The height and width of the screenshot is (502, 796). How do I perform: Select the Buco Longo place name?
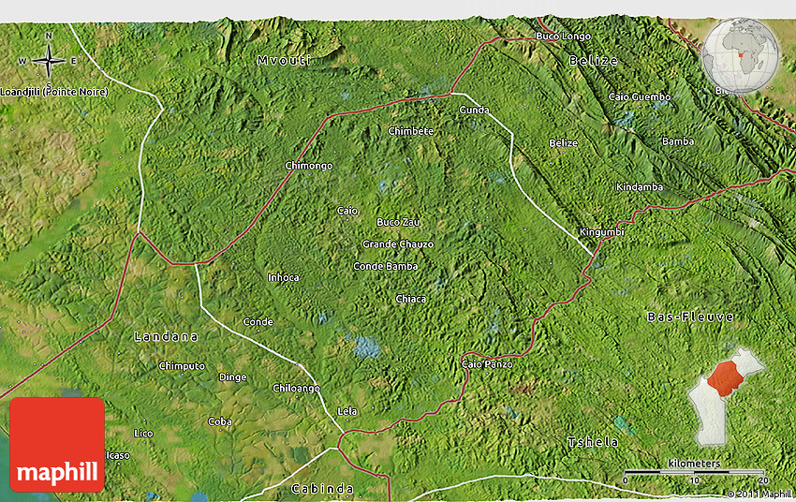coord(563,37)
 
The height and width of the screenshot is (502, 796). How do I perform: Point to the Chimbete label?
coord(411,131)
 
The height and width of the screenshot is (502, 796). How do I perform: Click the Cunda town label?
coord(474,110)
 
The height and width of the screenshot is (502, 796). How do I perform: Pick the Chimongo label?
coord(308,166)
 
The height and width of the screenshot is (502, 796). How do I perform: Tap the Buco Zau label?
coord(398,222)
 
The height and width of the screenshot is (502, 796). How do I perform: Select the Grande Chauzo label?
coord(398,244)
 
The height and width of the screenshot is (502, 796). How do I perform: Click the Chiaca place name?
coord(410,299)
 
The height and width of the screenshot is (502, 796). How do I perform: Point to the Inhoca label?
coord(283,277)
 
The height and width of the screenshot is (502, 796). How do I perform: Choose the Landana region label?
coord(167,335)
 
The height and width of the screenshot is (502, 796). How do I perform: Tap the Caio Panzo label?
coord(487,363)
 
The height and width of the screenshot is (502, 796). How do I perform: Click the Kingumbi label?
coord(601,231)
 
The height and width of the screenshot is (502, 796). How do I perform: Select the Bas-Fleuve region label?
coord(690,317)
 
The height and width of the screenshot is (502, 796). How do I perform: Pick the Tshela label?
coord(593,441)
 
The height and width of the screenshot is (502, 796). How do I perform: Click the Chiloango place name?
coord(296,388)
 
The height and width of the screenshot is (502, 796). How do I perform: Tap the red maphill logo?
coord(57,445)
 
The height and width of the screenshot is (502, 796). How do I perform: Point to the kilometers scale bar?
coord(694,471)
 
